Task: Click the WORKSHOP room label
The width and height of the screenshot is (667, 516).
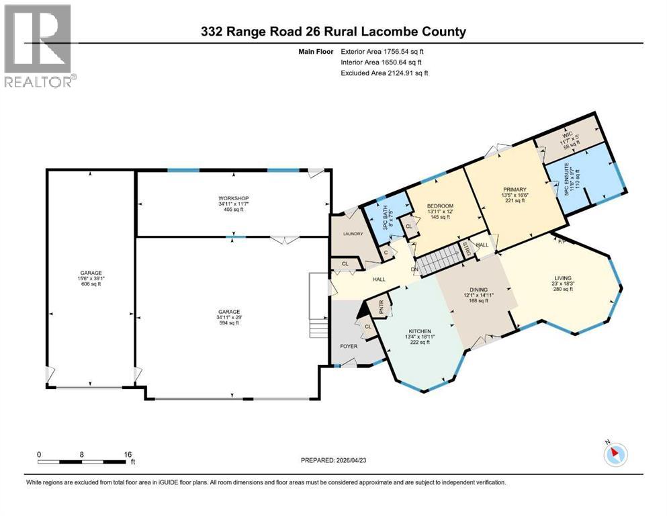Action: coord(233,198)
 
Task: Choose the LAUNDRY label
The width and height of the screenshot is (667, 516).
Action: coord(353,234)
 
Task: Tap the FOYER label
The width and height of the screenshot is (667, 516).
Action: coord(348,347)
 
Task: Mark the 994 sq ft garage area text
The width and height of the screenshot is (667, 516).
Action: coord(228,322)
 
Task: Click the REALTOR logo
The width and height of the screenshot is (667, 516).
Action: coord(38,46)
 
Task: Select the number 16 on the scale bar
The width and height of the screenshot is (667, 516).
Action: coord(128,454)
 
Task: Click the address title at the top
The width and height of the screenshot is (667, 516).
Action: coord(334,32)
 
